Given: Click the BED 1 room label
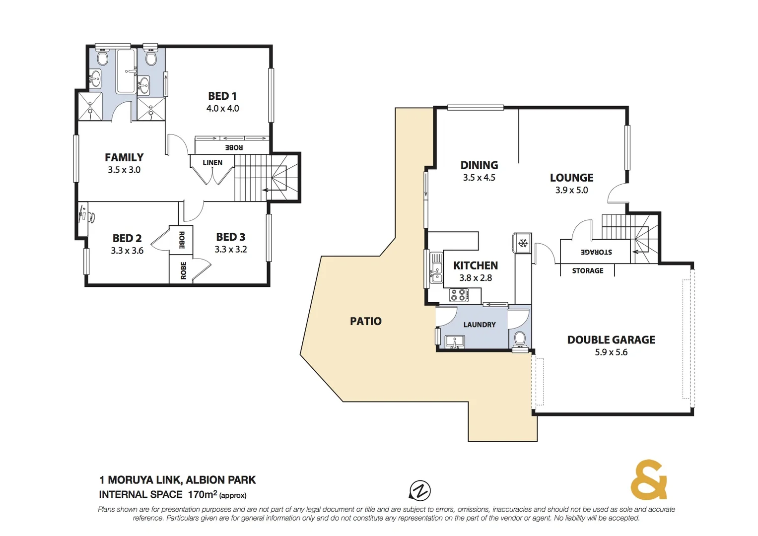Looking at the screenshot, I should pyautogui.click(x=222, y=96).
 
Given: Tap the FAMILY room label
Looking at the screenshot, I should pyautogui.click(x=124, y=157).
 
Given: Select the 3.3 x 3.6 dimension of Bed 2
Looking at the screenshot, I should pyautogui.click(x=127, y=251).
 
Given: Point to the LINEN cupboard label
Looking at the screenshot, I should pyautogui.click(x=212, y=162).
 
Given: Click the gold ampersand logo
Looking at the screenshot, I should pyautogui.click(x=648, y=480).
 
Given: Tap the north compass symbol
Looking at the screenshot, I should pyautogui.click(x=420, y=491).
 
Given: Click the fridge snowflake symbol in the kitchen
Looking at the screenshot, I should pyautogui.click(x=523, y=243).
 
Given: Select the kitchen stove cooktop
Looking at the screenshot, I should pyautogui.click(x=459, y=295).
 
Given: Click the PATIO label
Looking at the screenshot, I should pyautogui.click(x=366, y=321).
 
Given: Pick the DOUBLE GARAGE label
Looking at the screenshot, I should pyautogui.click(x=611, y=340).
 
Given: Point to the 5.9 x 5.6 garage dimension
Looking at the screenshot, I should pyautogui.click(x=611, y=352).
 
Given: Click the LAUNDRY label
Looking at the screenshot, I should pyautogui.click(x=480, y=325).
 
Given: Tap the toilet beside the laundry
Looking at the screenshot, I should pyautogui.click(x=520, y=338).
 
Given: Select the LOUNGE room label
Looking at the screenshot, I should pyautogui.click(x=571, y=178).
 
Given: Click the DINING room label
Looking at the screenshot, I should pyautogui.click(x=479, y=165).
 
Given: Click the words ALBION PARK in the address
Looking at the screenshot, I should pyautogui.click(x=221, y=480).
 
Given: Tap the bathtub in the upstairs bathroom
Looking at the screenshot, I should pyautogui.click(x=126, y=71).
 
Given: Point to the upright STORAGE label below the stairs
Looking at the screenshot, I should pyautogui.click(x=588, y=270).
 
